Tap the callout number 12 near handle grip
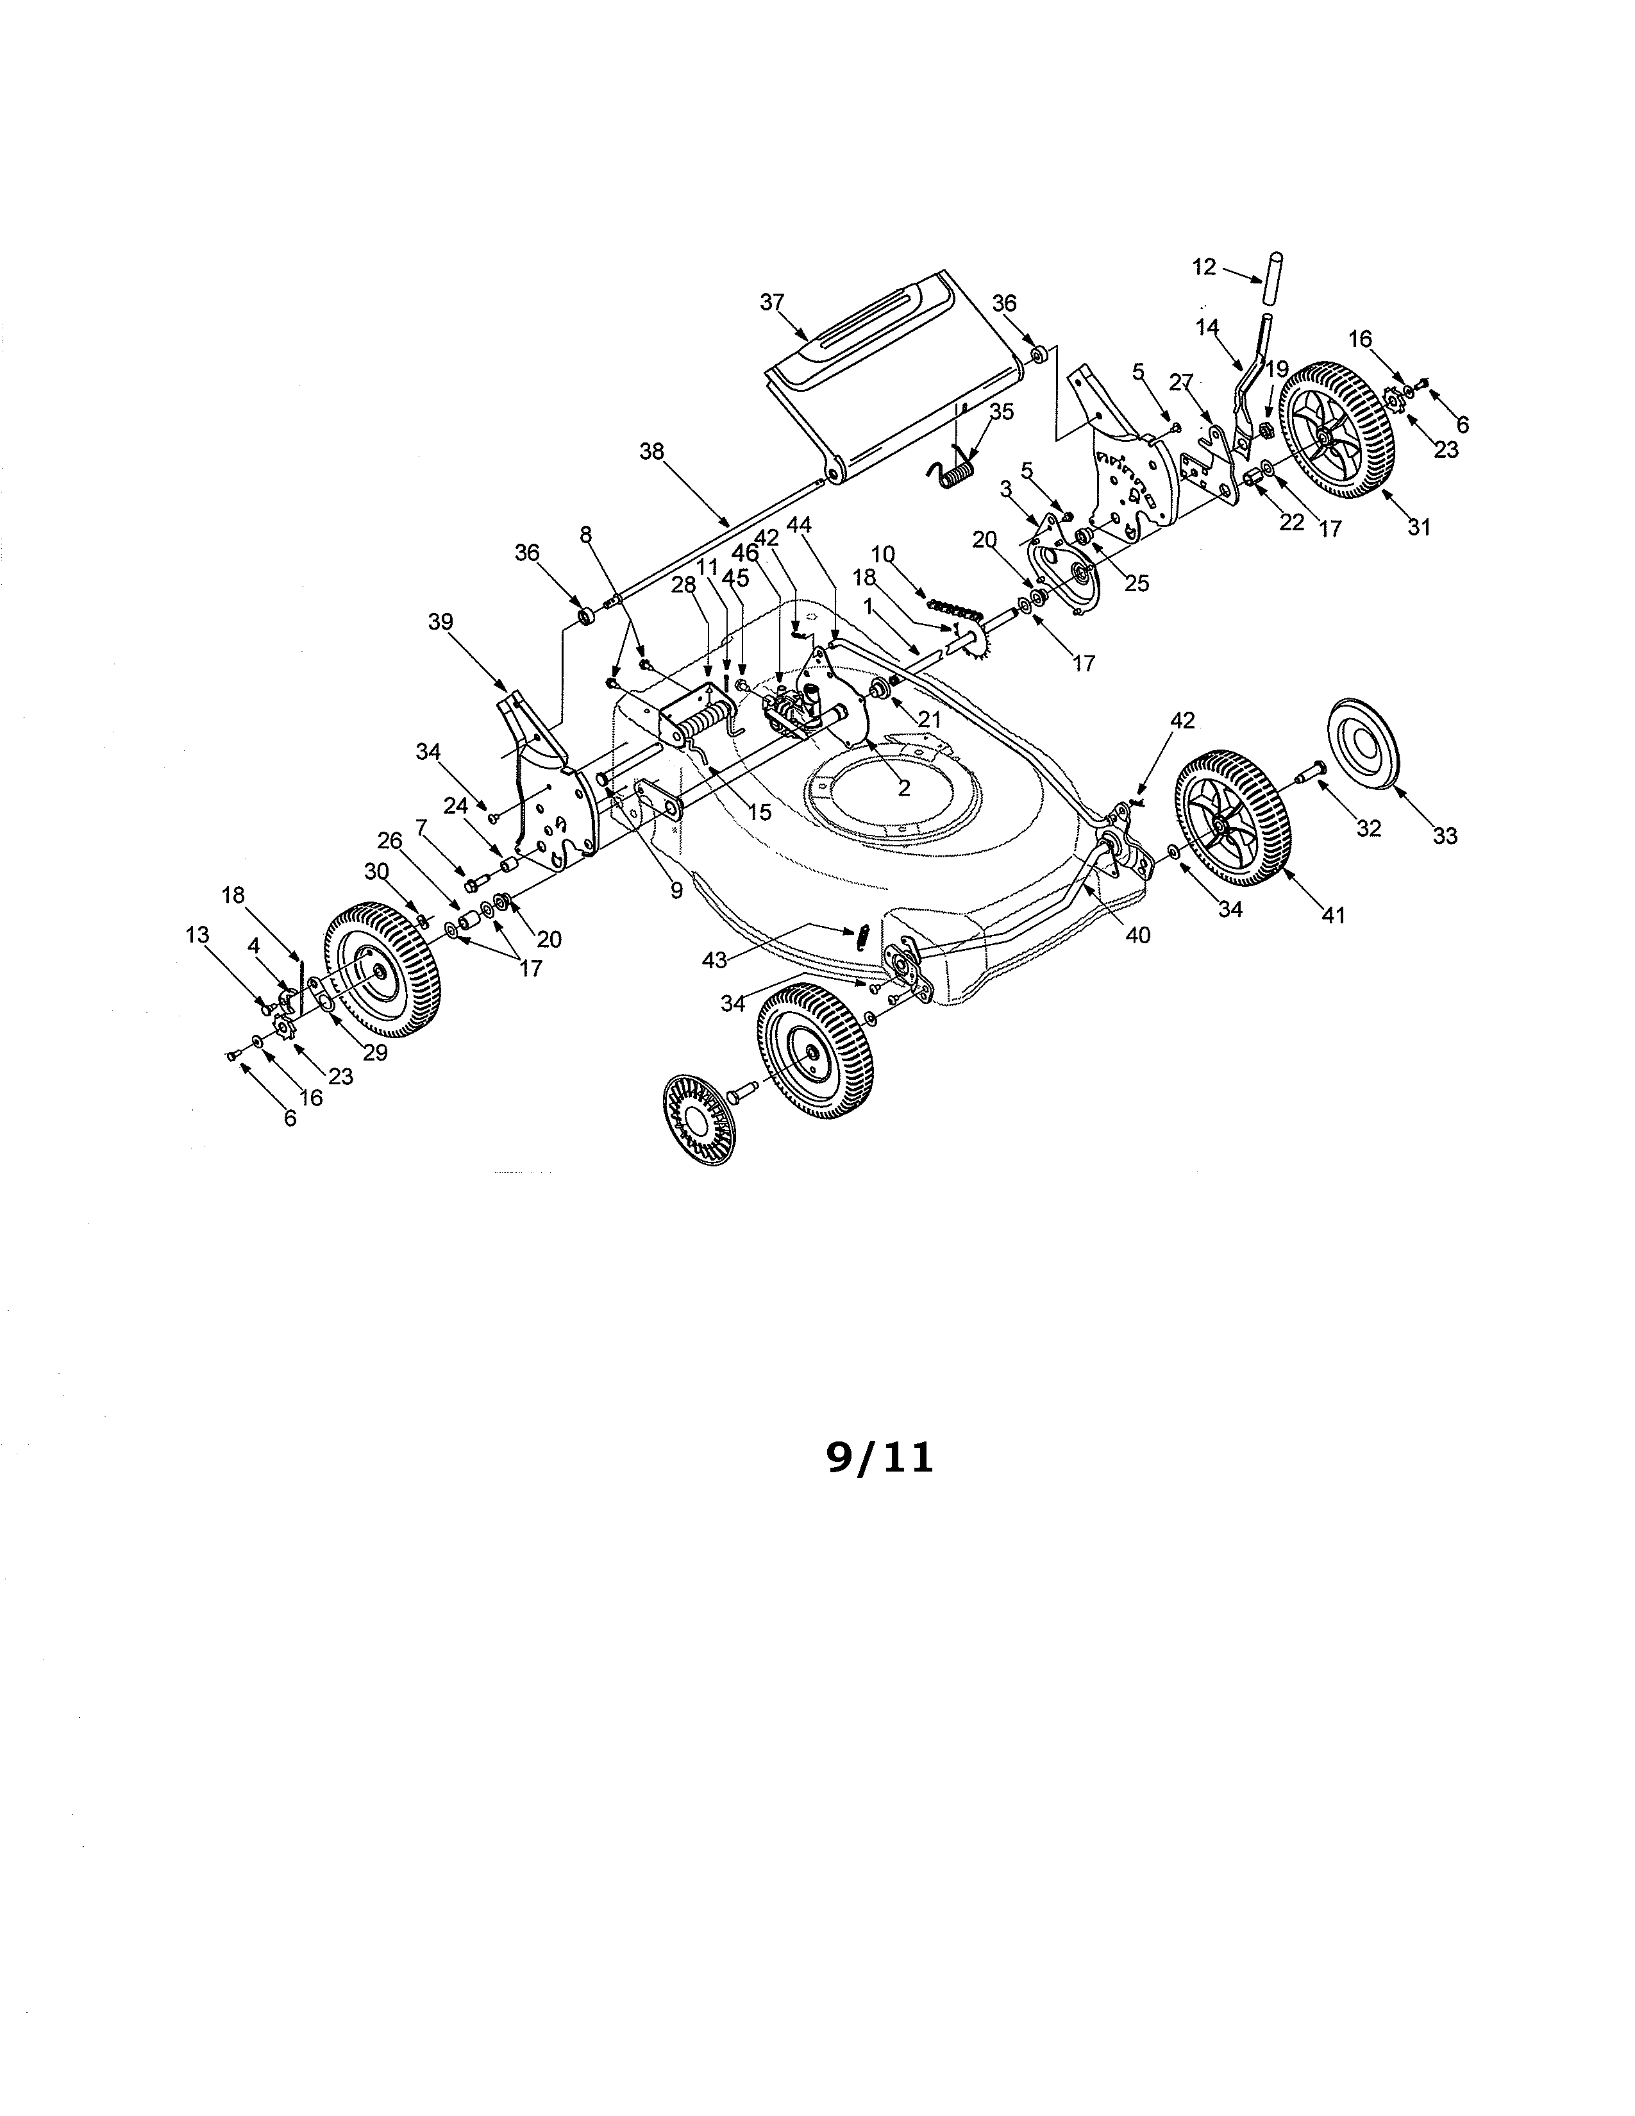[1204, 267]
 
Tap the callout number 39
[440, 622]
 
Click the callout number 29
[375, 1052]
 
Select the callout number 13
[197, 935]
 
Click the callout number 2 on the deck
[903, 789]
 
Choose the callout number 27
[1180, 383]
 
